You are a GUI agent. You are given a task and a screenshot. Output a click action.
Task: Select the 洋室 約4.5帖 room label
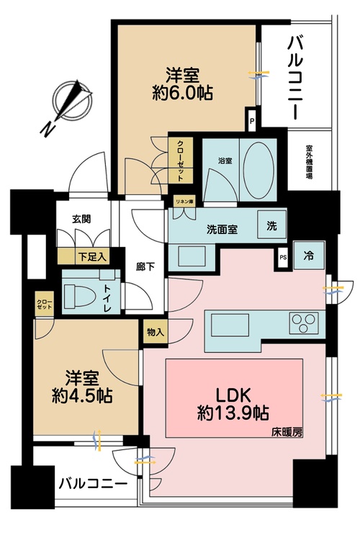80,387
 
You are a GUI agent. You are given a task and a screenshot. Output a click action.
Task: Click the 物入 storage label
155,332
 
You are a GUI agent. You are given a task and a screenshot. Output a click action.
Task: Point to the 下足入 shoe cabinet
92,256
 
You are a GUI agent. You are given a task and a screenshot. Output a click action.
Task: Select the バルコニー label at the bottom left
93,483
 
